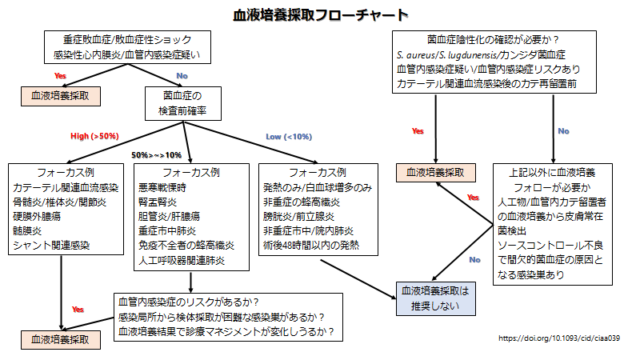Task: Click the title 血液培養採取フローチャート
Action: (x=321, y=15)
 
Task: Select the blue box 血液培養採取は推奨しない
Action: (x=435, y=298)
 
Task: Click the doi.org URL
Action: (x=559, y=338)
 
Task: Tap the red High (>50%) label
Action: (x=94, y=136)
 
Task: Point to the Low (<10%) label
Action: (x=289, y=137)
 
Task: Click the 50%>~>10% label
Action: (x=156, y=155)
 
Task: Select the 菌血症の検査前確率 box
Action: (x=183, y=103)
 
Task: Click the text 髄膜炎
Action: (x=27, y=230)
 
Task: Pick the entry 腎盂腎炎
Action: (x=158, y=202)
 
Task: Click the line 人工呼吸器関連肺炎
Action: (x=182, y=260)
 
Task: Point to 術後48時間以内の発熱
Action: (x=311, y=245)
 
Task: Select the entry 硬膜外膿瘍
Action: (x=37, y=216)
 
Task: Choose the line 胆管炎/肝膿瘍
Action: (x=170, y=216)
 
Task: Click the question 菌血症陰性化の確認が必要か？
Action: (x=494, y=39)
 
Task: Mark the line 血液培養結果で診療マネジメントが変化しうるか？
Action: (x=226, y=331)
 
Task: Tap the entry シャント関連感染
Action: (x=51, y=246)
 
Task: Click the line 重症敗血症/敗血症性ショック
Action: (x=127, y=39)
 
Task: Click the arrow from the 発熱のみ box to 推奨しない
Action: (x=358, y=279)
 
